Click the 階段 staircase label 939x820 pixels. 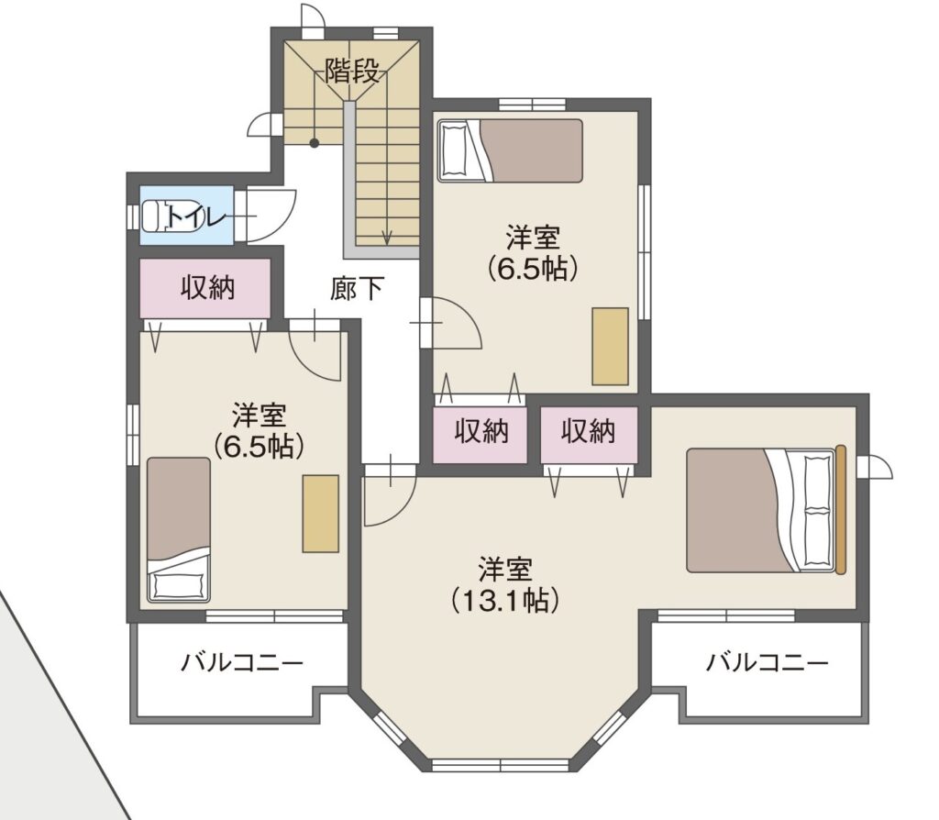(x=352, y=72)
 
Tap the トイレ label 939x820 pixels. (x=196, y=216)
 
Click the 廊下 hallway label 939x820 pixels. (x=357, y=289)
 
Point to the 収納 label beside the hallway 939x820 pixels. (x=208, y=288)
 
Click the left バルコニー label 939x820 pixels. (x=242, y=663)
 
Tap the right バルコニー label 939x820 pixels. (x=768, y=662)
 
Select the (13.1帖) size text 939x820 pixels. (x=505, y=600)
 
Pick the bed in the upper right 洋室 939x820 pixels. (x=510, y=150)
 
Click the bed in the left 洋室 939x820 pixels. (x=179, y=530)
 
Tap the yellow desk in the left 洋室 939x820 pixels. (x=320, y=514)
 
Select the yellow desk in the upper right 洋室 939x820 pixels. (x=610, y=346)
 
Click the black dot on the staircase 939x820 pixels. (x=314, y=142)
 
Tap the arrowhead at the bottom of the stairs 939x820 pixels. (x=387, y=238)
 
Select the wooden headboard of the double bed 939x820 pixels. (x=841, y=510)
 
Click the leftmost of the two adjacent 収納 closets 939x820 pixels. (x=480, y=435)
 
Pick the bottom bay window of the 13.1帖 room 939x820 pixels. (x=500, y=765)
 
